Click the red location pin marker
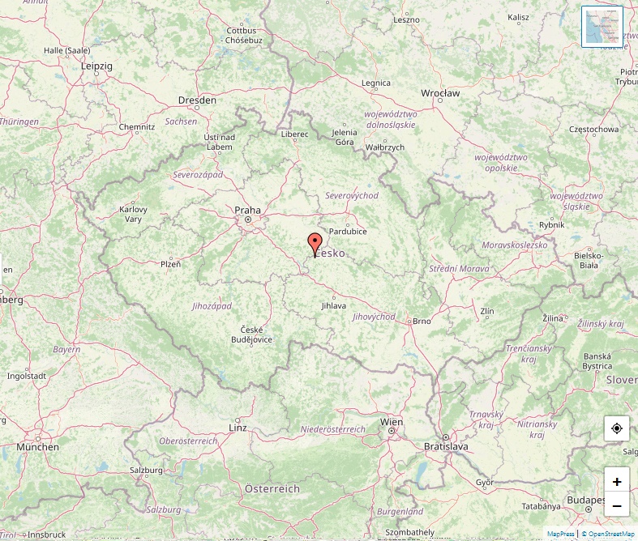point(315,243)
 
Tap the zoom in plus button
point(617,481)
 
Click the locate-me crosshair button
point(617,428)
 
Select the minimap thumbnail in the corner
point(602,27)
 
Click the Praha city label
point(247,210)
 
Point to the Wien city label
point(392,422)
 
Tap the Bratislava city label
point(446,446)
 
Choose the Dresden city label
point(197,100)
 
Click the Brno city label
point(422,321)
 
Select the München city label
point(37,446)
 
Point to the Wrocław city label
point(440,93)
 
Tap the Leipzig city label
point(96,66)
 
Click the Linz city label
point(238,427)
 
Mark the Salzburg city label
point(148,470)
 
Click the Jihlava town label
point(333,305)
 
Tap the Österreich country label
point(272,488)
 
